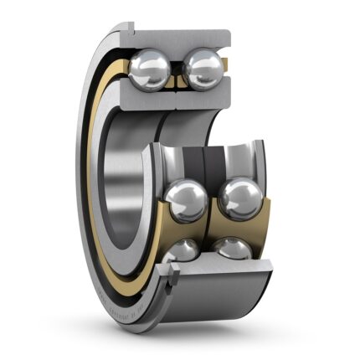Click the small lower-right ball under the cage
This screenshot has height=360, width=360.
(232, 249)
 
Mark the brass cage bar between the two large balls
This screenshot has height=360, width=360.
(213, 209)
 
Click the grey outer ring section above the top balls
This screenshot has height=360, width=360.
(180, 37)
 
